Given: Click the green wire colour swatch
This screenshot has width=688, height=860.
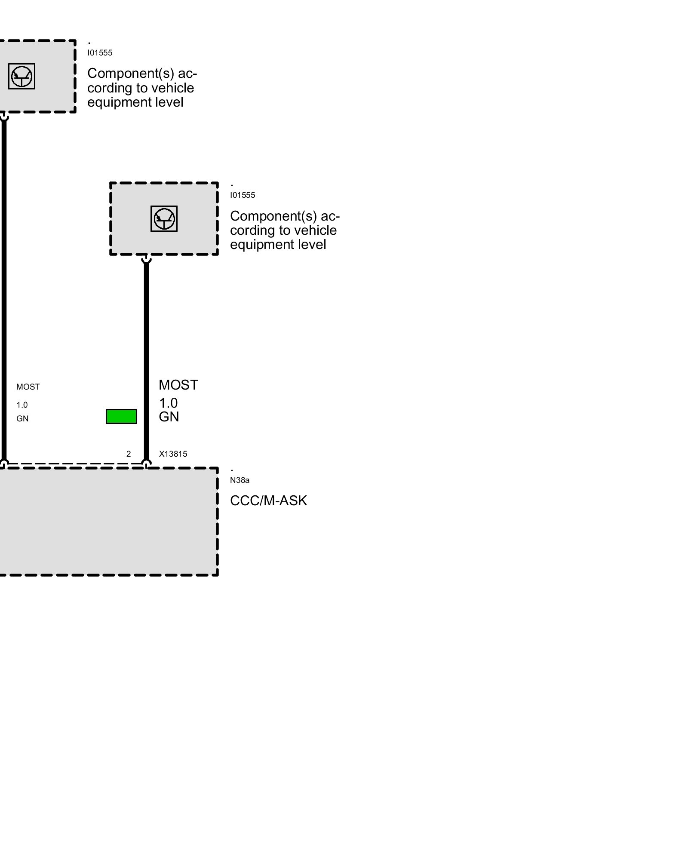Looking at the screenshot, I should click(121, 416).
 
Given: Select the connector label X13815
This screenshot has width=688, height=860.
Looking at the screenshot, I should click(173, 454).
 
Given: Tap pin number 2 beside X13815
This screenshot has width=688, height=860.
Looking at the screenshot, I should click(129, 454).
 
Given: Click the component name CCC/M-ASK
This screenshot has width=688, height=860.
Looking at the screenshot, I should click(268, 501).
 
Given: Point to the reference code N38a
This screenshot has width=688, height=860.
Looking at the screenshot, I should click(240, 480).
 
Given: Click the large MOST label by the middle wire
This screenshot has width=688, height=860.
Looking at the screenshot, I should click(178, 385).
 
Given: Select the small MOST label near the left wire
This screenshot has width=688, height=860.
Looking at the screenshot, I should click(28, 387).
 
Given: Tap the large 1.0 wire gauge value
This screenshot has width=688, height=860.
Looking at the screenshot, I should click(168, 403).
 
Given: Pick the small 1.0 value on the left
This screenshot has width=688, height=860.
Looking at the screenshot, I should click(22, 405).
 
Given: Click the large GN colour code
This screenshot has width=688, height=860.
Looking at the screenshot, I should click(169, 417).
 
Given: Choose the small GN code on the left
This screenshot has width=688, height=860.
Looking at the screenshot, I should click(22, 419).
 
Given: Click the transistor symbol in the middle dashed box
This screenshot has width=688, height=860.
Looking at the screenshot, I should click(164, 218).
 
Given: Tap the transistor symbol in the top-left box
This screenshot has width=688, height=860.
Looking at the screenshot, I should click(21, 77).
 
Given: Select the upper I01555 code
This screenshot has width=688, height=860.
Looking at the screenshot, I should click(100, 53).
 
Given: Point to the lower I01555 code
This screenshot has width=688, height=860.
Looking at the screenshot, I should click(243, 195).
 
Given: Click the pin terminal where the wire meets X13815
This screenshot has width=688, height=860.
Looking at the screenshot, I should click(146, 464).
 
